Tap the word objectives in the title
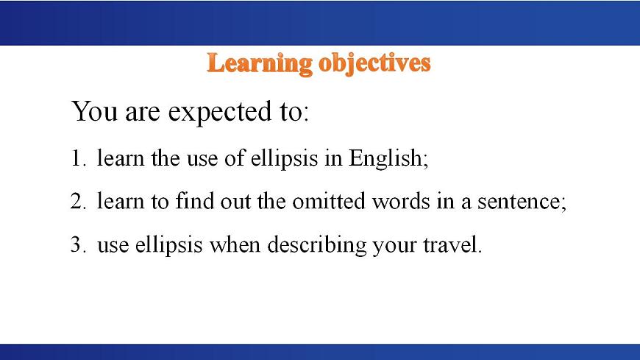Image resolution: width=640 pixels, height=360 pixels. tap(374, 64)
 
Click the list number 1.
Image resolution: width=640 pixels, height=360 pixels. tap(78, 158)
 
